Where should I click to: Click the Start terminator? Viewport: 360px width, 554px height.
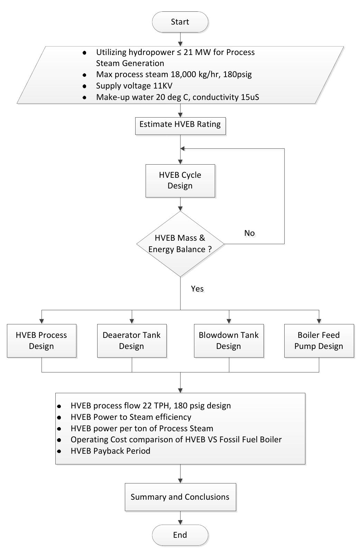pyautogui.click(x=180, y=22)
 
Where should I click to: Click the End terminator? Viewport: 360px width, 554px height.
pyautogui.click(x=180, y=535)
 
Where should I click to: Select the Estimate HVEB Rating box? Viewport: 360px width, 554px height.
pyautogui.click(x=180, y=124)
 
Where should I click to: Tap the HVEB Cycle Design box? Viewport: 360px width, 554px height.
pyautogui.click(x=180, y=180)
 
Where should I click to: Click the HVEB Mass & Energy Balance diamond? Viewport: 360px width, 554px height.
pyautogui.click(x=180, y=244)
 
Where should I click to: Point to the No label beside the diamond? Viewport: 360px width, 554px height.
pyautogui.click(x=249, y=233)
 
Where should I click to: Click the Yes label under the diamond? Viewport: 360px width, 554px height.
pyautogui.click(x=197, y=289)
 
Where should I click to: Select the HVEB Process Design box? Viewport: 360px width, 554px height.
pyautogui.click(x=41, y=340)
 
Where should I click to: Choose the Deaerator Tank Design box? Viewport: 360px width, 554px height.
pyautogui.click(x=132, y=340)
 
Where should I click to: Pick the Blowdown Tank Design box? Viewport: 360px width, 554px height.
pyautogui.click(x=229, y=340)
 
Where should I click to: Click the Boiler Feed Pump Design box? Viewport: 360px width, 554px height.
pyautogui.click(x=319, y=340)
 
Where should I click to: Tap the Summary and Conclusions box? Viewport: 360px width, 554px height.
pyautogui.click(x=180, y=497)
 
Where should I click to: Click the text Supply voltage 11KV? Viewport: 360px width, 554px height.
pyautogui.click(x=134, y=86)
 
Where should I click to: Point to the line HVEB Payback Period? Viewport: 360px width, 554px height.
pyautogui.click(x=110, y=451)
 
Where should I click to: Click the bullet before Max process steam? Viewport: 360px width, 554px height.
pyautogui.click(x=84, y=75)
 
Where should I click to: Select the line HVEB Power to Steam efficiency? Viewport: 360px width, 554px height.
pyautogui.click(x=131, y=417)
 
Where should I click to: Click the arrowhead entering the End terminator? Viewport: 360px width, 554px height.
pyautogui.click(x=180, y=522)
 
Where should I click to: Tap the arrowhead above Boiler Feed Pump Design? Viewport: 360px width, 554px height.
pyautogui.click(x=319, y=321)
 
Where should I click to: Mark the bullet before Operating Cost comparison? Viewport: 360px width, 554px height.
pyautogui.click(x=59, y=440)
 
